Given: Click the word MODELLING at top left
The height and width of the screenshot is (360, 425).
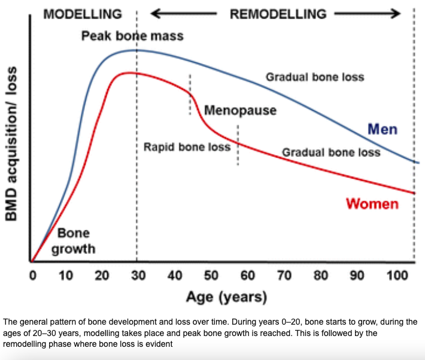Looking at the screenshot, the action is click(x=83, y=14).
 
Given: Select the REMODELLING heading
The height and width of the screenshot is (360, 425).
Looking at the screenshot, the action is click(x=278, y=14).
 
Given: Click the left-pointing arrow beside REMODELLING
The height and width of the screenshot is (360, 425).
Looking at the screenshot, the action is click(x=184, y=13).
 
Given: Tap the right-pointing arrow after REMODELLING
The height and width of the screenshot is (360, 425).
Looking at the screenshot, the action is click(x=368, y=13).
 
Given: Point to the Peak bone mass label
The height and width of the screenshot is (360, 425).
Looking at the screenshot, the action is click(x=132, y=36).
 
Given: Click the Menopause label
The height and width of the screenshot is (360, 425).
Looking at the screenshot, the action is click(x=240, y=110).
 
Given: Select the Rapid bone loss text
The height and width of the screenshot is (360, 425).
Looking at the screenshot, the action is click(x=187, y=147).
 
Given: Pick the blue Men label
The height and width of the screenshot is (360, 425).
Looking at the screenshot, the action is click(x=382, y=129).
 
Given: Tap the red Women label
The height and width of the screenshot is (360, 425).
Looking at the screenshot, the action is click(x=372, y=204).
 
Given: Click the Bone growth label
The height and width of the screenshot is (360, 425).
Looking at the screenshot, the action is click(x=74, y=241).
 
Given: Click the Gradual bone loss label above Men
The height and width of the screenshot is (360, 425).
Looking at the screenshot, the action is click(x=315, y=77).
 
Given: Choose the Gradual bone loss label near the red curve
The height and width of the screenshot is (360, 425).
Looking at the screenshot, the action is click(x=331, y=153).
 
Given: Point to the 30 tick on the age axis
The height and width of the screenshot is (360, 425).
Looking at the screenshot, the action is click(x=138, y=276).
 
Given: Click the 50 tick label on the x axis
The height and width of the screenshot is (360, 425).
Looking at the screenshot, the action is click(x=211, y=276).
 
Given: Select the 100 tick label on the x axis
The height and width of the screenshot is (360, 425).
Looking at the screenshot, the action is click(x=397, y=276).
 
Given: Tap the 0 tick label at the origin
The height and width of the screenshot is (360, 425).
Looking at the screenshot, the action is click(x=33, y=276).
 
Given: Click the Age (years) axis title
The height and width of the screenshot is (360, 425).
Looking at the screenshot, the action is click(x=227, y=297).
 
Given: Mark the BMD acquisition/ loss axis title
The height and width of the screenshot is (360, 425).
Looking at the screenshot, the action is click(x=11, y=144).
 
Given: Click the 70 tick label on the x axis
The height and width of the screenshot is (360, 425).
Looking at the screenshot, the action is click(x=284, y=276).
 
